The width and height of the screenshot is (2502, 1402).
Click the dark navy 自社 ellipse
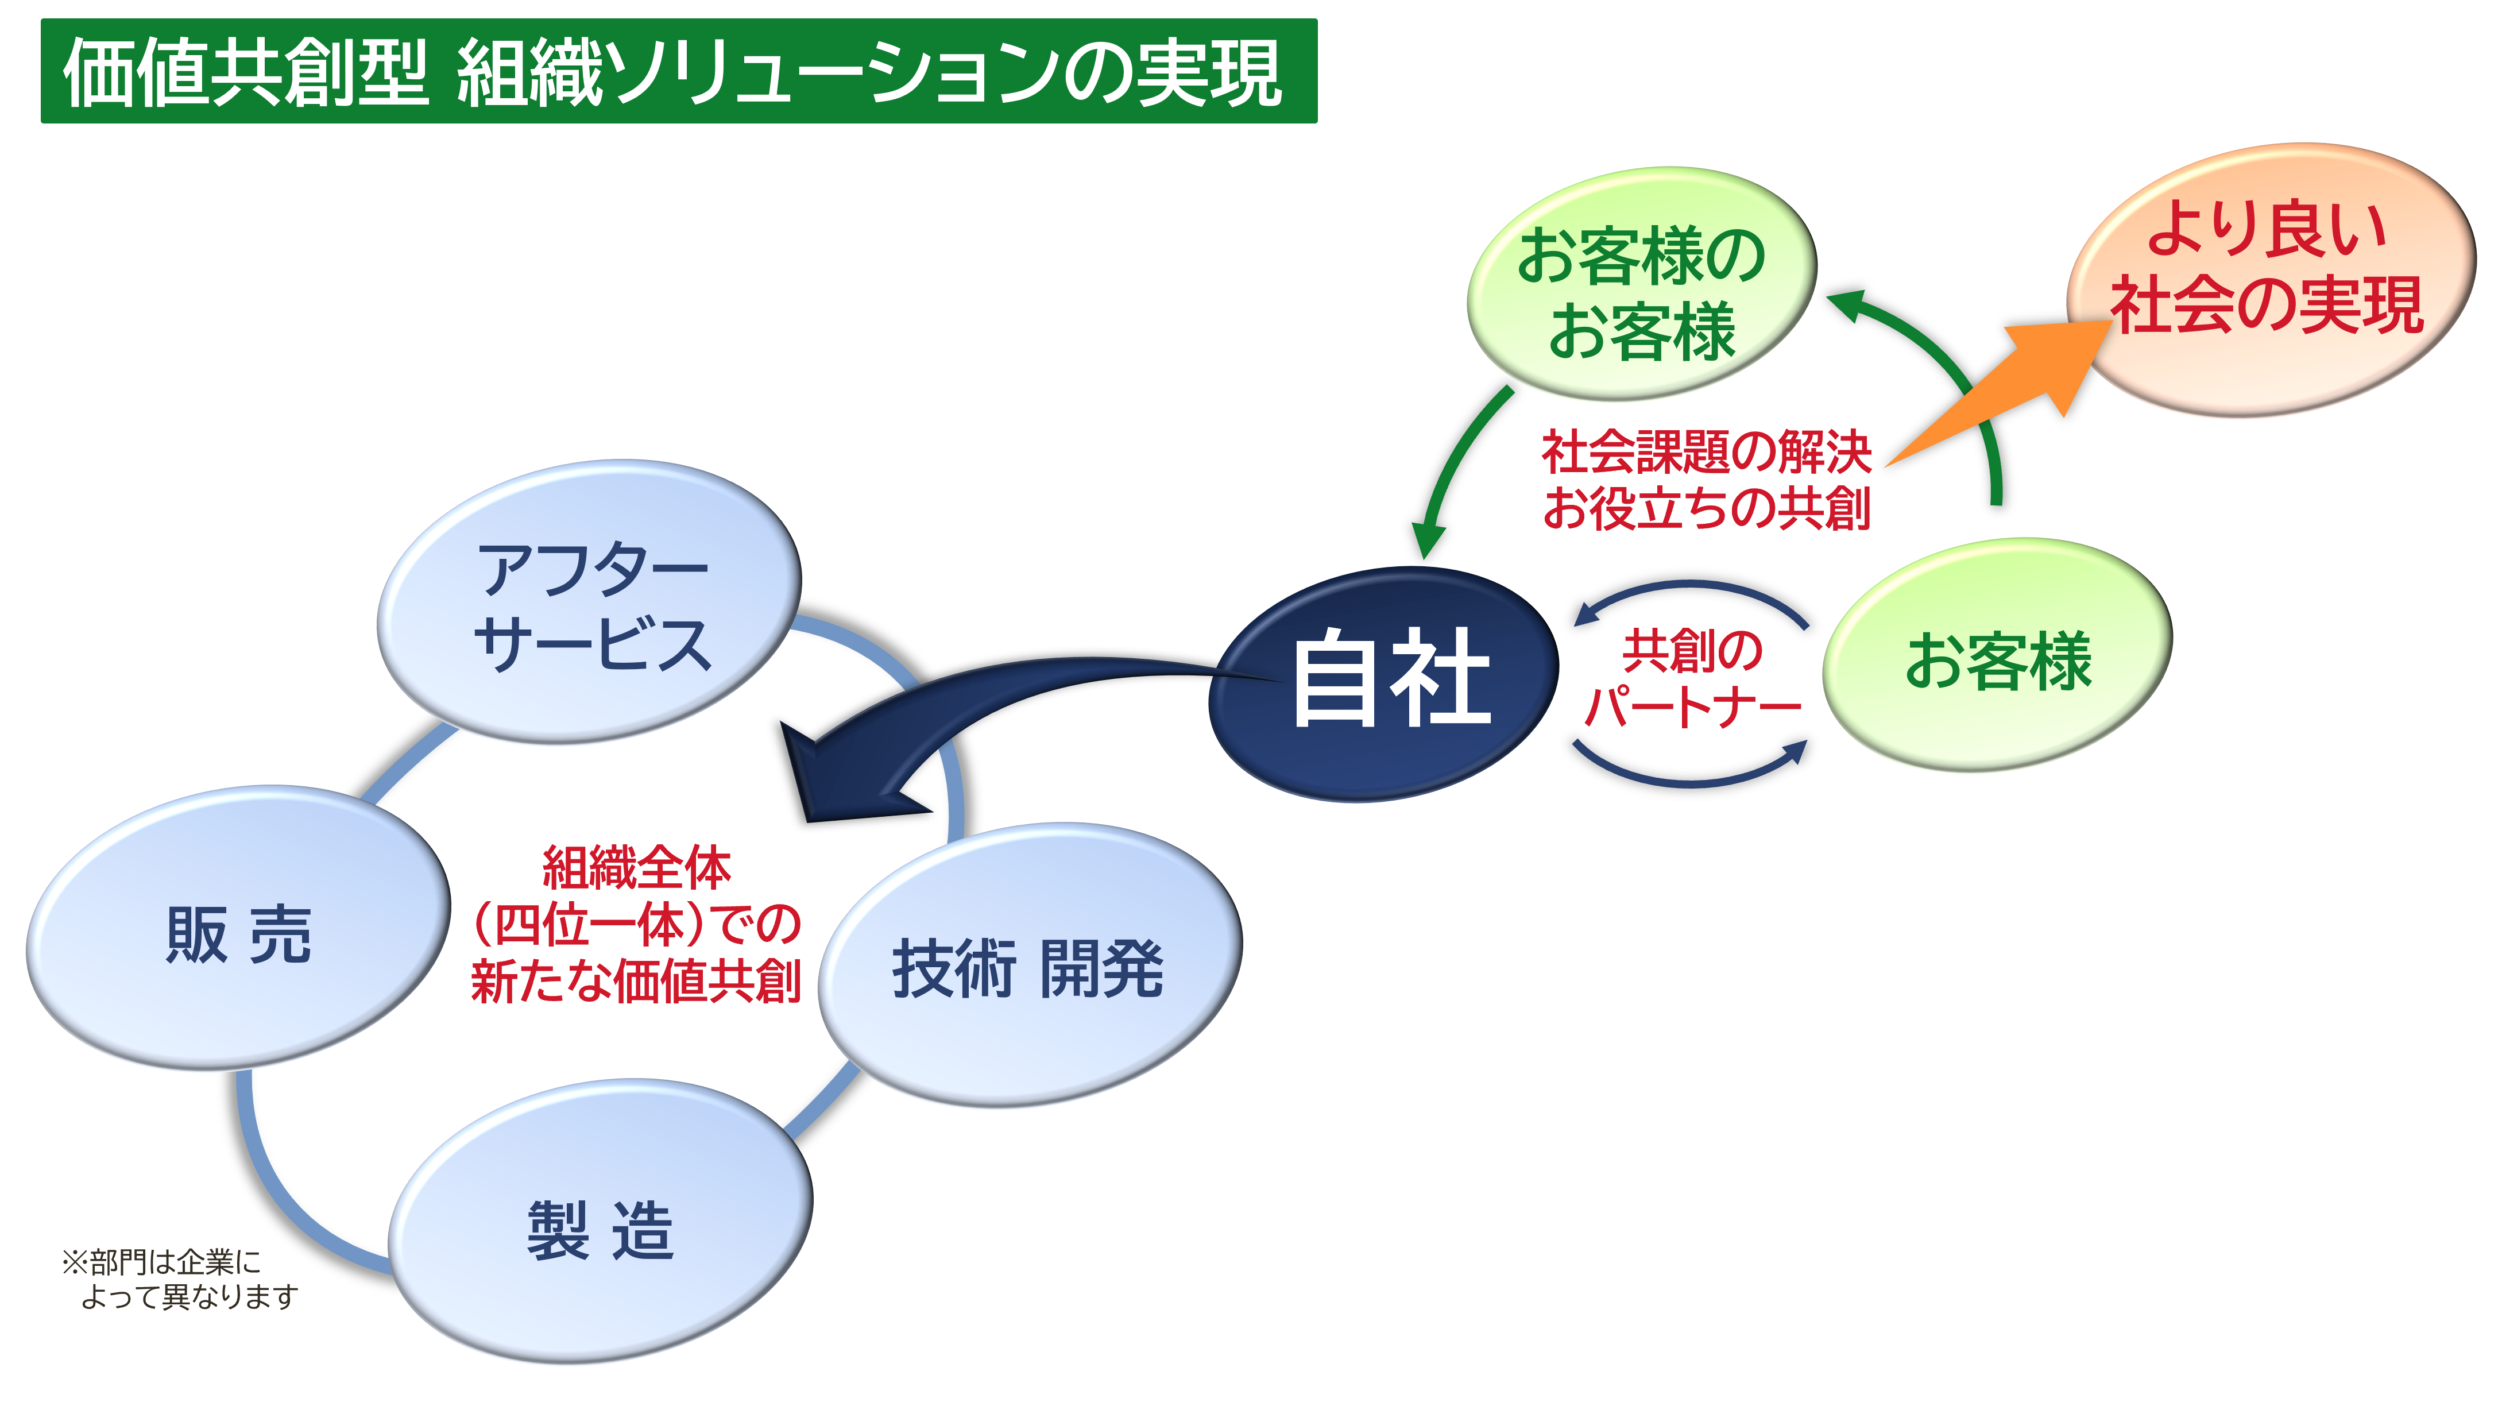[1384, 683]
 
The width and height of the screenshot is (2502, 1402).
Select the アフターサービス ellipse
[590, 601]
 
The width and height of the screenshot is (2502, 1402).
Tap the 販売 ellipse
[239, 928]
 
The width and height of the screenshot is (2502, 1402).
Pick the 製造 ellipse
[600, 1221]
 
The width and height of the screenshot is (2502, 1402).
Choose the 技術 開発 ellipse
[1030, 965]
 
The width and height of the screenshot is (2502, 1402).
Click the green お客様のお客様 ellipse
[1641, 284]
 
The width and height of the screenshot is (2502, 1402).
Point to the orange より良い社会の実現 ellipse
[2271, 280]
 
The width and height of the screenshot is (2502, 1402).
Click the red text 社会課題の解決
[1707, 452]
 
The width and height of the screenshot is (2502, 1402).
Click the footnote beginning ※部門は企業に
[180, 1279]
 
